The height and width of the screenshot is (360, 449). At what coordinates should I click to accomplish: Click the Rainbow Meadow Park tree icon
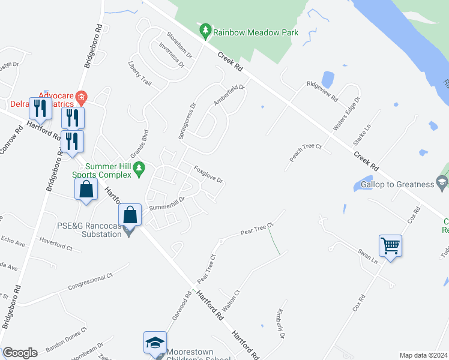(x=205, y=29)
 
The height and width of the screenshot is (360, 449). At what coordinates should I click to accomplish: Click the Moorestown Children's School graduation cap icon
(x=154, y=343)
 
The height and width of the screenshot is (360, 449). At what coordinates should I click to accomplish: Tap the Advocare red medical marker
(x=82, y=96)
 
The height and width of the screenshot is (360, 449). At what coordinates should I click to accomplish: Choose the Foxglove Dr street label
(x=208, y=175)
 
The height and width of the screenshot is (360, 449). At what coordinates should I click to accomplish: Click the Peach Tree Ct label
(x=306, y=154)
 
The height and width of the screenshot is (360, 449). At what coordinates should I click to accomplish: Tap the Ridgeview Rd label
(x=322, y=91)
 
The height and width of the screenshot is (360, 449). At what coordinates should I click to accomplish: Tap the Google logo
(x=20, y=353)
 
